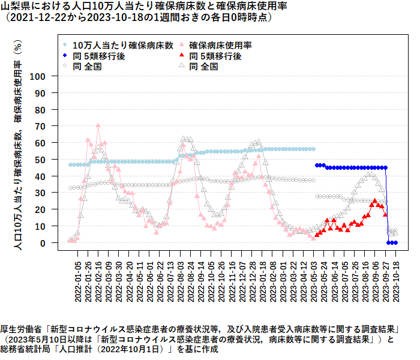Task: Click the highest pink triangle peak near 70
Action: [x=98, y=125]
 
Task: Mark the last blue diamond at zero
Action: [x=395, y=243]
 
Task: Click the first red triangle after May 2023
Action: [x=317, y=235]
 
